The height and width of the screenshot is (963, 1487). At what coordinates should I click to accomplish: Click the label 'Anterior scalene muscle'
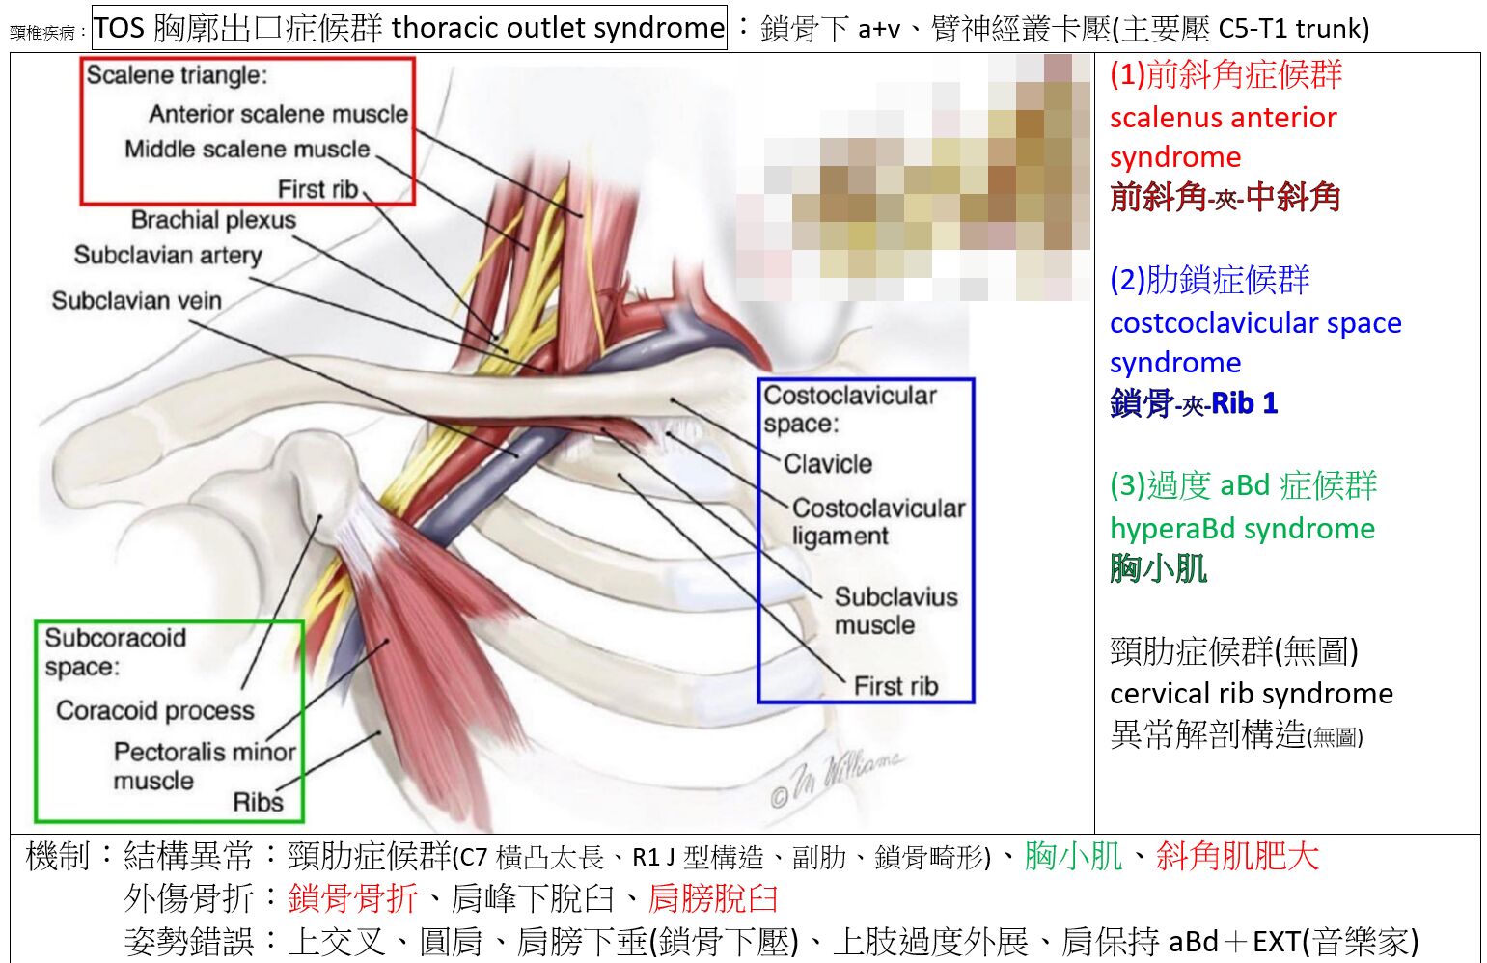[278, 114]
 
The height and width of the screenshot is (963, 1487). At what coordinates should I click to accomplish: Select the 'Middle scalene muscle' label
[247, 150]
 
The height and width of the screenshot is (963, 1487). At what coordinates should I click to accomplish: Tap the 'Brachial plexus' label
[213, 220]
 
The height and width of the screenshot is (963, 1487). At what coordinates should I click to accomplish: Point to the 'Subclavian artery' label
[168, 256]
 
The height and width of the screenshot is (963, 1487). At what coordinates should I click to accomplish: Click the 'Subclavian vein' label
[137, 301]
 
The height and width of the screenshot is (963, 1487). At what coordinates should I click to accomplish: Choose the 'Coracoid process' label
[155, 711]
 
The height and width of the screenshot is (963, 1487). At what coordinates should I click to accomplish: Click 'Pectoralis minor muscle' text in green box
[205, 766]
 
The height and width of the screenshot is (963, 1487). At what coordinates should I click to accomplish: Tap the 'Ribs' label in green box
[259, 803]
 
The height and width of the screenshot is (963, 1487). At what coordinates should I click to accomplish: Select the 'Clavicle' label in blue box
[828, 464]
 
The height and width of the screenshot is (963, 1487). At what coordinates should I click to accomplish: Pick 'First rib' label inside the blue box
[896, 686]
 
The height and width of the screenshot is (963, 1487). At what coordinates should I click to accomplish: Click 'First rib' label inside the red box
[318, 190]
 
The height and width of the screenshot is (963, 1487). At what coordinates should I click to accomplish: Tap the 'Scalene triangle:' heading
[177, 75]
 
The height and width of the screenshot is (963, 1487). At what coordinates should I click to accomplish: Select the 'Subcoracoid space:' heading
[116, 651]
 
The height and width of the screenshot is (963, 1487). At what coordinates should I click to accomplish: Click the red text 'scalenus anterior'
[1223, 118]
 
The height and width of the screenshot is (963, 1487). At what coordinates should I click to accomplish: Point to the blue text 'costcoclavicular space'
[1255, 324]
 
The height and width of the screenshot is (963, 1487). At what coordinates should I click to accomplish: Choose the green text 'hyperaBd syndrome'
[1242, 530]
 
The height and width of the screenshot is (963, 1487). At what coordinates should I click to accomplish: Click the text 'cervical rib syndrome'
[1252, 694]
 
